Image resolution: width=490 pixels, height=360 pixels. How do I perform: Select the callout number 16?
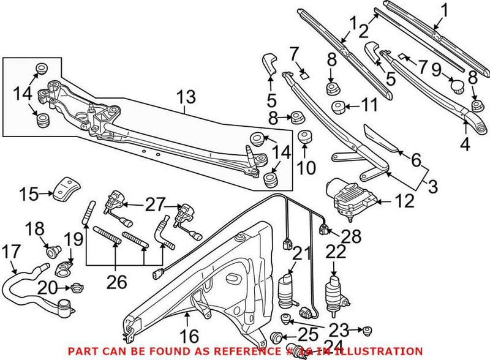click(190, 336)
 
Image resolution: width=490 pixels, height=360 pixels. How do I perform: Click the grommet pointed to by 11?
click(337, 108)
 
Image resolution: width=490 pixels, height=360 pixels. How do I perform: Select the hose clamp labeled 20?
click(77, 287)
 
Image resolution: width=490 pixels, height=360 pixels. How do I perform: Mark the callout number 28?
click(352, 235)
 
